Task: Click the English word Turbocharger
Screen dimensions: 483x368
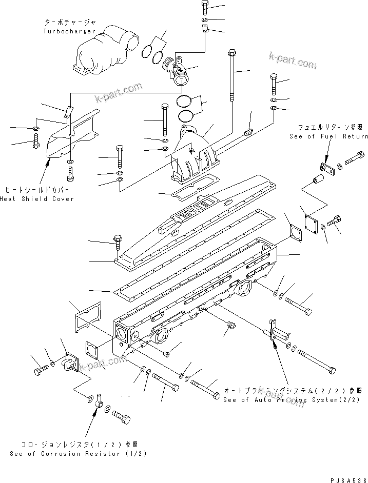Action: point(69,31)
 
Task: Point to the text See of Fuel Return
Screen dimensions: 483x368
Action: point(328,136)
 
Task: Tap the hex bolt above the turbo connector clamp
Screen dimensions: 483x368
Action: point(204,7)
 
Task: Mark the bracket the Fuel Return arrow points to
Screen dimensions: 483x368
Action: point(326,166)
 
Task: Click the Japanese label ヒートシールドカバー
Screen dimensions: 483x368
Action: point(36,189)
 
